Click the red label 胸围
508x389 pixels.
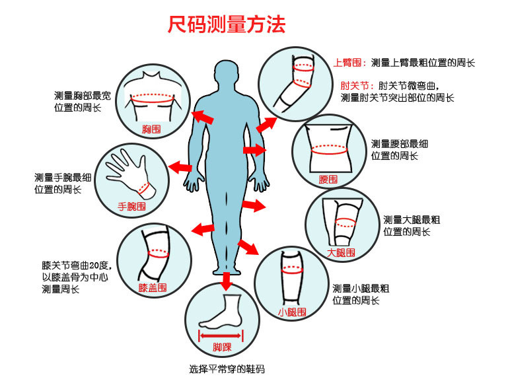(151, 129)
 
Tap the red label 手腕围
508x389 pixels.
(131, 206)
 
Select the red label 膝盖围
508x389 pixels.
(153, 288)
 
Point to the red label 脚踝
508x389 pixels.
(221, 347)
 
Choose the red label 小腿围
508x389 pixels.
(291, 312)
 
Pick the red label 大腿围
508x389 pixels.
(342, 252)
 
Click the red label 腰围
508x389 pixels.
(328, 179)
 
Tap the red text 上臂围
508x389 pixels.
(350, 63)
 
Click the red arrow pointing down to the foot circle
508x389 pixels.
(226, 281)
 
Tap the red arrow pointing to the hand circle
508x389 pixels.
(179, 166)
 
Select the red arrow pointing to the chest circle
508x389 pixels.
(203, 118)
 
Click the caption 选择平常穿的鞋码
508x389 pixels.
(227, 369)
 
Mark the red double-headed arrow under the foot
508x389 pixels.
(221, 335)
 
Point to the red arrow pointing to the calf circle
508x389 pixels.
(248, 247)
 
